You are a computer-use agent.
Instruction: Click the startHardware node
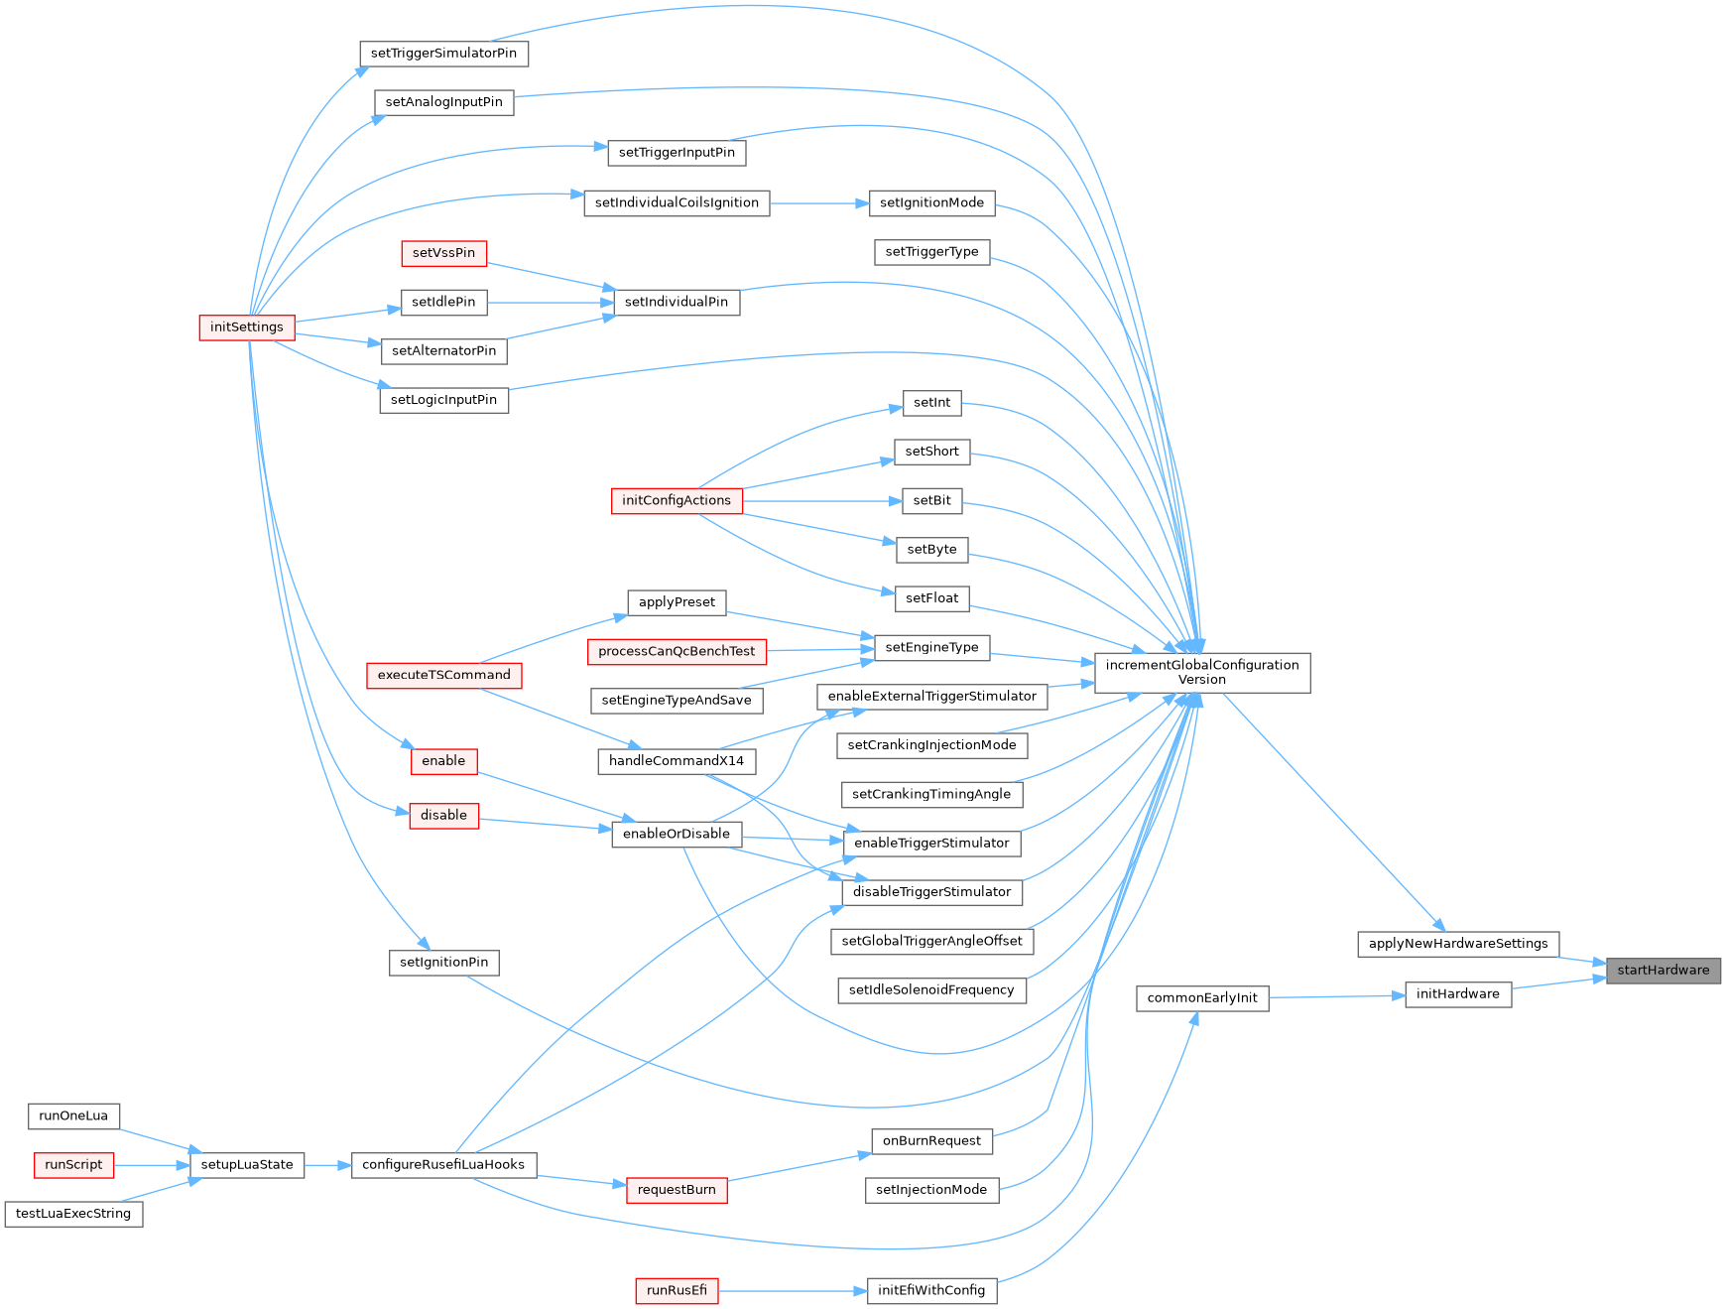tap(1663, 971)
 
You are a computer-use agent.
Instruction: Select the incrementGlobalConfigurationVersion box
tap(1201, 673)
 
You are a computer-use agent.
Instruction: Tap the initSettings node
tap(247, 327)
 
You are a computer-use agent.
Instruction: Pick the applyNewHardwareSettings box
tap(1457, 944)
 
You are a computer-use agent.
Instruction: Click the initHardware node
tap(1457, 994)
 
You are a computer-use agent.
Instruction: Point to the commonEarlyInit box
tap(1201, 998)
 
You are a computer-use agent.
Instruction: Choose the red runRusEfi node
tap(677, 1291)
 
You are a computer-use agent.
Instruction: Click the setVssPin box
tap(443, 253)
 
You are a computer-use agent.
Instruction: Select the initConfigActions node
tap(677, 501)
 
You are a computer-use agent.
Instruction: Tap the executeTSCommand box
tap(443, 676)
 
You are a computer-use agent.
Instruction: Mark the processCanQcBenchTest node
tap(677, 652)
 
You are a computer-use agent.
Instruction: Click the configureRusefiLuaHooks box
tap(443, 1165)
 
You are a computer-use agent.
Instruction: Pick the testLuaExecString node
tap(73, 1214)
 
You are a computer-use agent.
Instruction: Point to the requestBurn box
tap(677, 1190)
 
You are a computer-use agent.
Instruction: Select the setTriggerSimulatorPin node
tap(443, 54)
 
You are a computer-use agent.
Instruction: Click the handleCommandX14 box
tap(677, 761)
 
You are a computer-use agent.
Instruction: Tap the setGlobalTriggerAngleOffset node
tap(931, 942)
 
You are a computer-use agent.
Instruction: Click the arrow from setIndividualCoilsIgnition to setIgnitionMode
tap(818, 203)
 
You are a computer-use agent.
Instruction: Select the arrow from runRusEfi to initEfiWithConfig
tap(793, 1291)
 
